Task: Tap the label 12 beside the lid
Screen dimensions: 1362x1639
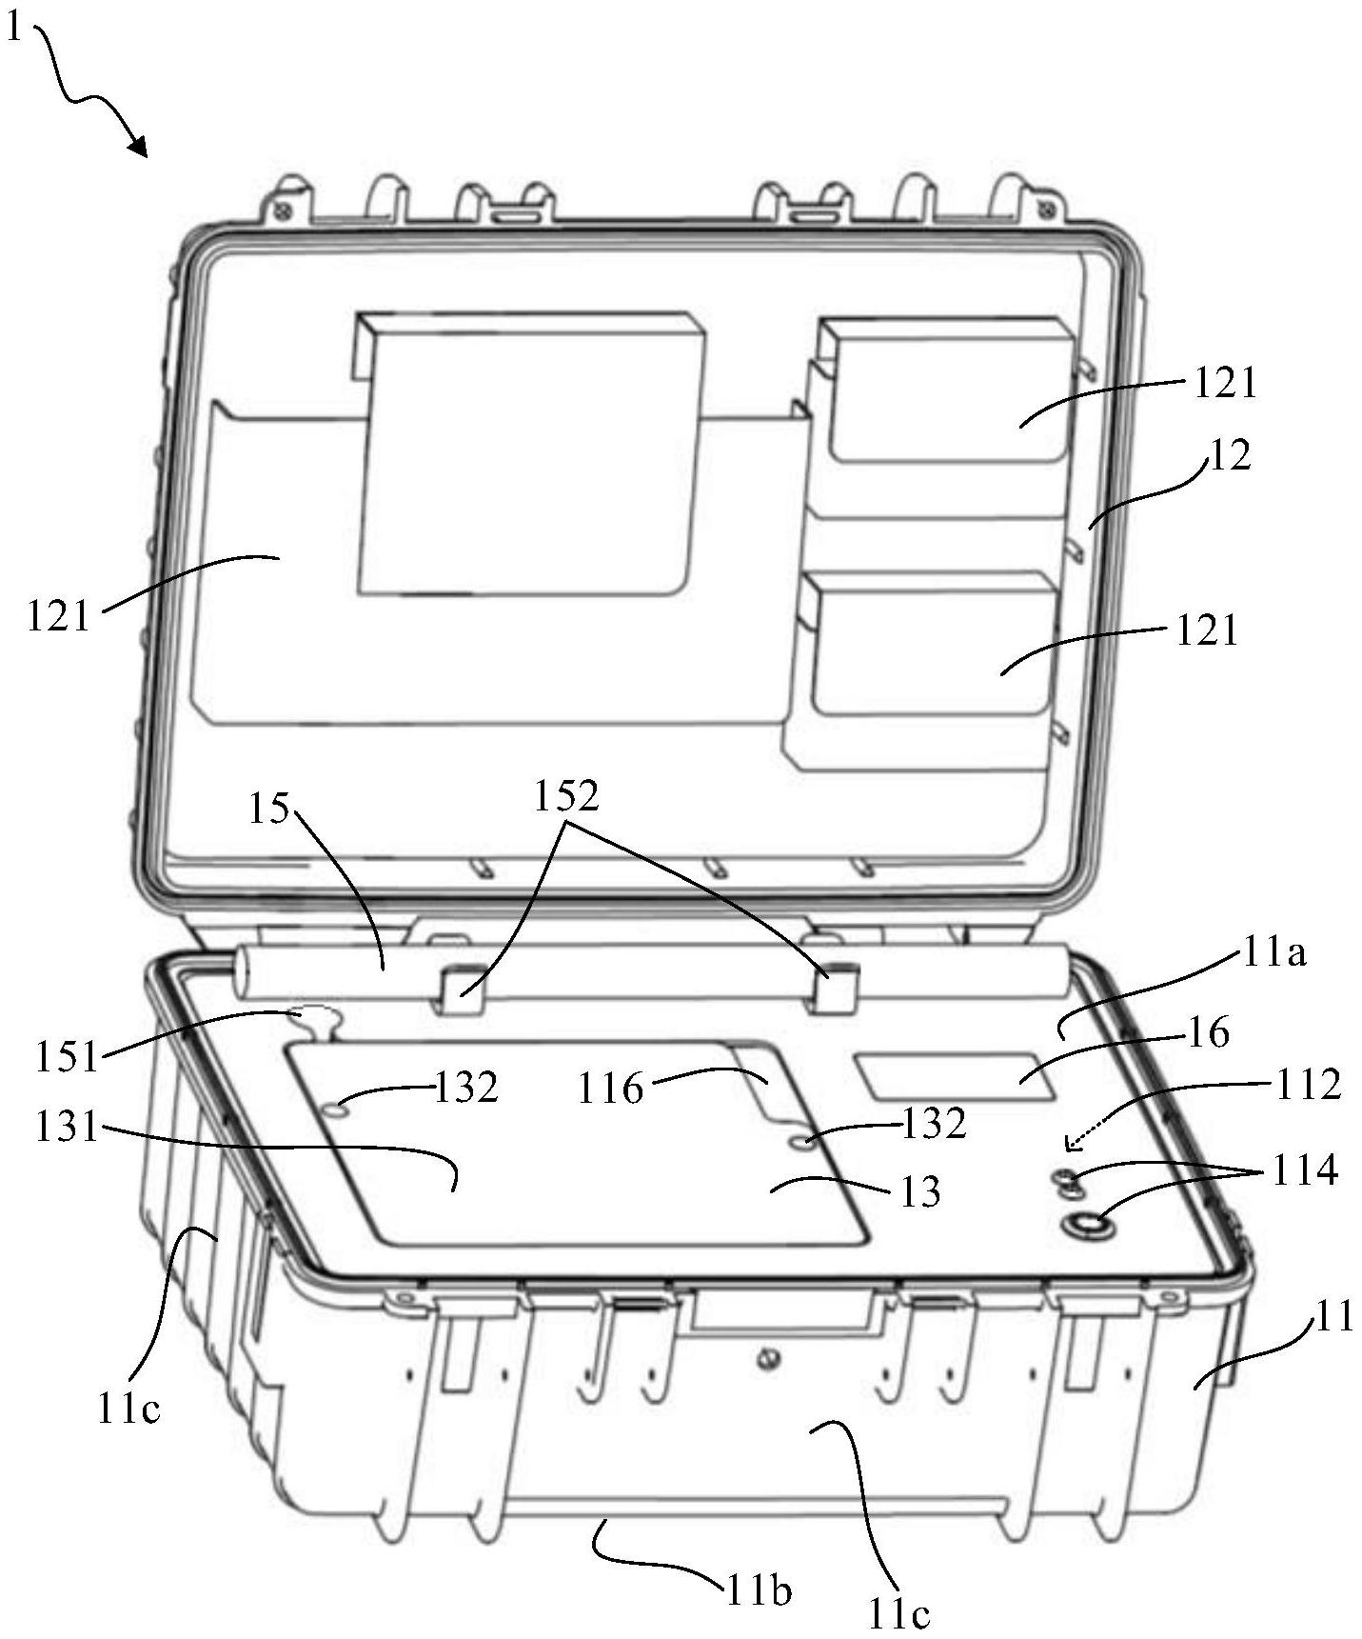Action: tap(1229, 456)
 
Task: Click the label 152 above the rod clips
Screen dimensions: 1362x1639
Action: tap(566, 796)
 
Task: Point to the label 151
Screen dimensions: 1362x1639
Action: tap(67, 1056)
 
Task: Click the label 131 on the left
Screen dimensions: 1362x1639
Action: tap(66, 1128)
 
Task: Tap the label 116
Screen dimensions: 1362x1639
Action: tap(611, 1088)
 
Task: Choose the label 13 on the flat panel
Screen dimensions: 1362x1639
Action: tap(919, 1191)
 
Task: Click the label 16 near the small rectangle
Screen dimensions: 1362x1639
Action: tap(1210, 1032)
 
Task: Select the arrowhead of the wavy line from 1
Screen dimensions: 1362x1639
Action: tap(140, 148)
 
